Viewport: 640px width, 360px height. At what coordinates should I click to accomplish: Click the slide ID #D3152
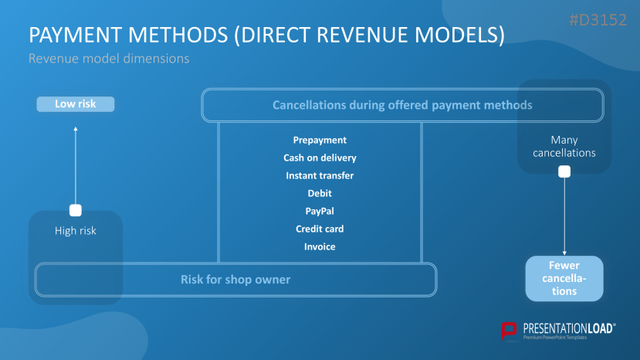(x=598, y=21)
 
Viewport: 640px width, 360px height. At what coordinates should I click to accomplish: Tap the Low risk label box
(x=76, y=104)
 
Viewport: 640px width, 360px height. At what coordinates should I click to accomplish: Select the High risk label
(x=76, y=230)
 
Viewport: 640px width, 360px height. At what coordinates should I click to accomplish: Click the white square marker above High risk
(x=76, y=210)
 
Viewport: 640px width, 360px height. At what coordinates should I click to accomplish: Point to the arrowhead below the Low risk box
(x=76, y=129)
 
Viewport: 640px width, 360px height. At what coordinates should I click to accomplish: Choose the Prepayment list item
(x=320, y=140)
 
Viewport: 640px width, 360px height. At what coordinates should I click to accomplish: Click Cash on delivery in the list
(x=320, y=158)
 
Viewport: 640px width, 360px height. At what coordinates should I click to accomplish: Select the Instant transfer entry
(x=320, y=175)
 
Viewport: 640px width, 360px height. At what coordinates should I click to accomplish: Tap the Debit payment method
(x=320, y=193)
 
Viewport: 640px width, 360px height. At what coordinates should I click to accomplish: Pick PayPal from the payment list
(x=320, y=211)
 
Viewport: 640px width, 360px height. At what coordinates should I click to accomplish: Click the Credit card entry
(x=320, y=229)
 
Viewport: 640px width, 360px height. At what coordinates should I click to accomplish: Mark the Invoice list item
(x=320, y=246)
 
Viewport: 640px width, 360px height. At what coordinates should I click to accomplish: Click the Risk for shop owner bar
(x=235, y=279)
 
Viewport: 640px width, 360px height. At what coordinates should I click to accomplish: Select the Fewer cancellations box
(x=564, y=278)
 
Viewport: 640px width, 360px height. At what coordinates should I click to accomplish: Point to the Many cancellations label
(x=564, y=146)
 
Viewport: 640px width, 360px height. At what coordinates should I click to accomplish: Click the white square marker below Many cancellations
(x=564, y=172)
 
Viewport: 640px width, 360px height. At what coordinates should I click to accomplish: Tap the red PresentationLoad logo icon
(x=509, y=331)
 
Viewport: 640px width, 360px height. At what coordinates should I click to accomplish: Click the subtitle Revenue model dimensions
(x=109, y=58)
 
